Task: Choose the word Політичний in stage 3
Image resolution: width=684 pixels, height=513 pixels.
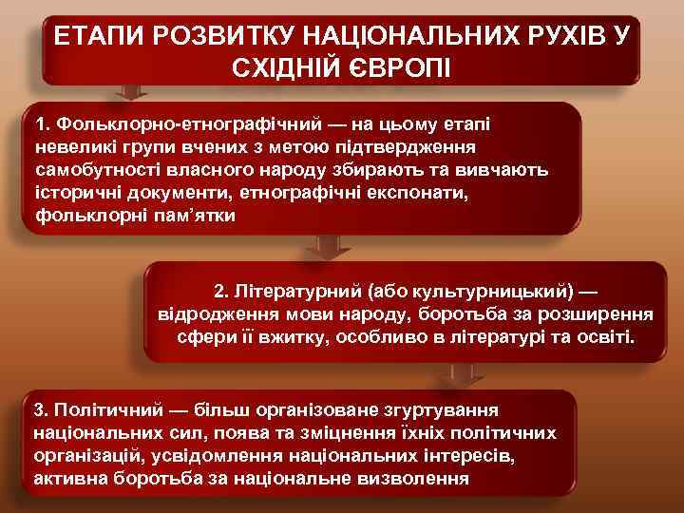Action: (x=104, y=409)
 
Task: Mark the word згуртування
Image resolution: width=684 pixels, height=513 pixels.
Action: (x=440, y=409)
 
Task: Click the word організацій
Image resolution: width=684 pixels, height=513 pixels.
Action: (x=93, y=455)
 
